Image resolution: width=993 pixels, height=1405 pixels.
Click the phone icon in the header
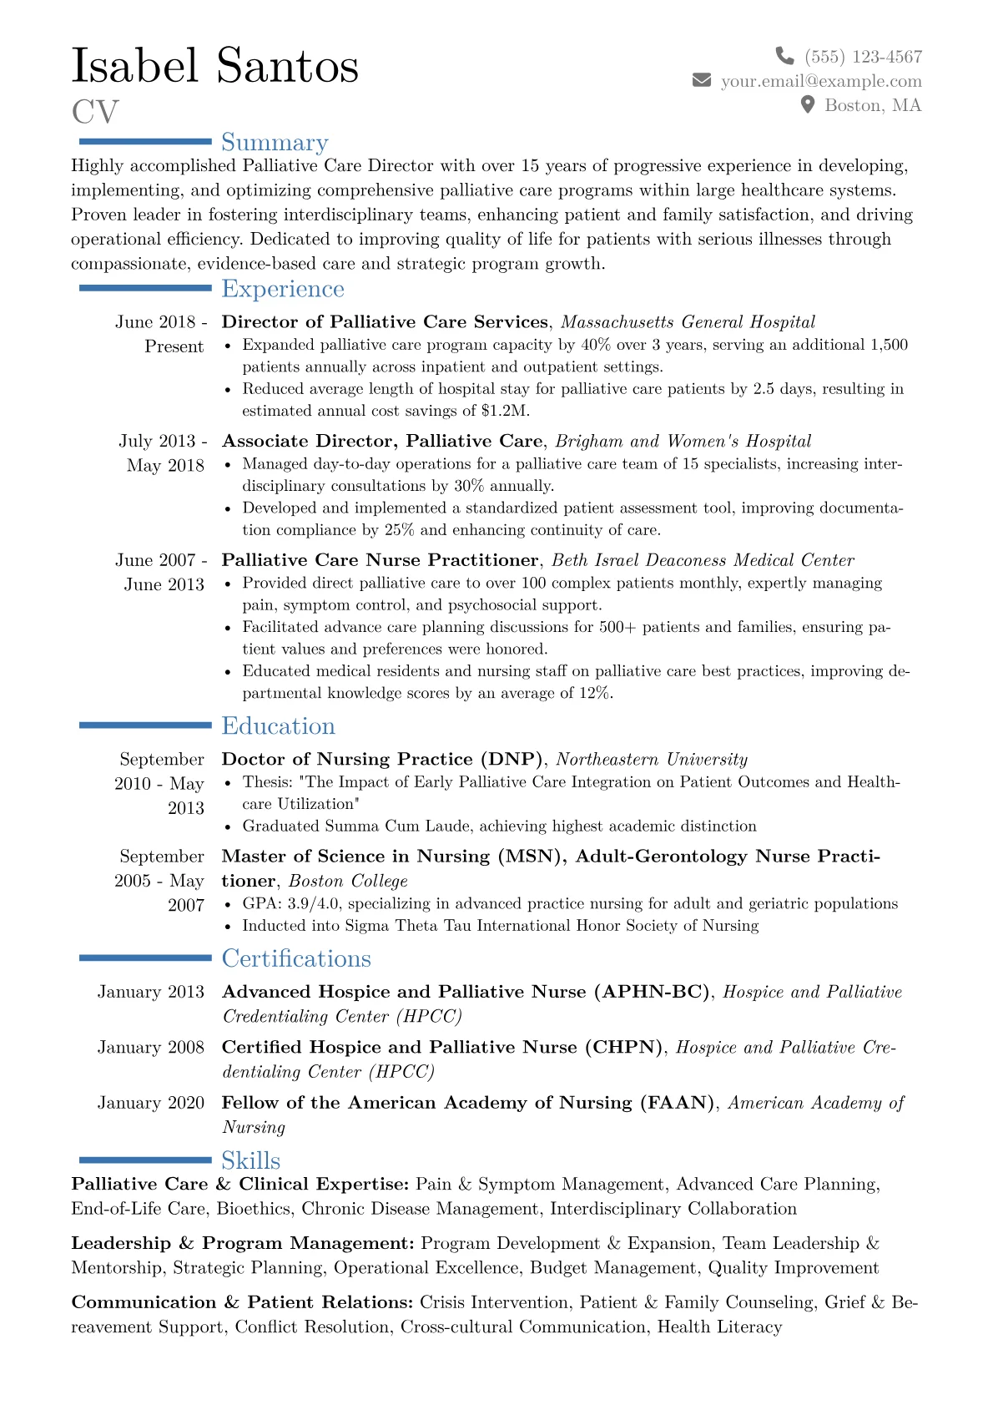pos(784,56)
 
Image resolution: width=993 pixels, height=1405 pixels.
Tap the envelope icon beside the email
pos(702,80)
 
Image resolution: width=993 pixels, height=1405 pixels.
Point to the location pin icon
pos(807,104)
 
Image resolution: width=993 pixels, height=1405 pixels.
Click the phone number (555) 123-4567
pos(863,57)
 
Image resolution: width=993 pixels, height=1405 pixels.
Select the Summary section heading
pos(275,143)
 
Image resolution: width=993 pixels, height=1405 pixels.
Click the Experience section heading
pos(283,289)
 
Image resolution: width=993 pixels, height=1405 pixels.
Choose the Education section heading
pos(278,726)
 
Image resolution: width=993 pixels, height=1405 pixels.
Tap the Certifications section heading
pos(296,958)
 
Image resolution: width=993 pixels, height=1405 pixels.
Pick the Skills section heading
pos(250,1160)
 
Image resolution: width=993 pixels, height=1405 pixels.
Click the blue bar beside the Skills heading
pos(145,1160)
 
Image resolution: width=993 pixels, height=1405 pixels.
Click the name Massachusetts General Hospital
pos(688,322)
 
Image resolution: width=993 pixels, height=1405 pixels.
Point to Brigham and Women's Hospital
pos(683,441)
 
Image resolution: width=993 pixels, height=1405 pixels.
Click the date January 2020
pos(150,1103)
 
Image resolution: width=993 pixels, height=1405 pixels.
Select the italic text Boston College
pos(348,881)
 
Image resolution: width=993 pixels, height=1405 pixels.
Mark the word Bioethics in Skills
pos(254,1209)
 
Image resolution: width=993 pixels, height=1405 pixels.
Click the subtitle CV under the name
pos(95,112)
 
